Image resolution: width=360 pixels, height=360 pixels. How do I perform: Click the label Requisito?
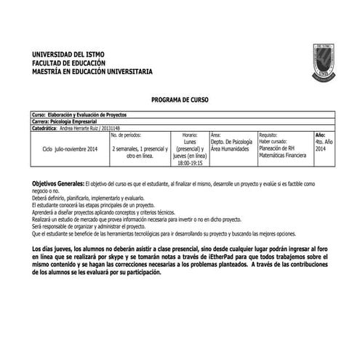click(x=268, y=135)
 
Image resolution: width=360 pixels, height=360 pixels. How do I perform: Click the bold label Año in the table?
click(x=320, y=135)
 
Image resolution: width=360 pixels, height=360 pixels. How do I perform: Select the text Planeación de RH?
click(x=277, y=148)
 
